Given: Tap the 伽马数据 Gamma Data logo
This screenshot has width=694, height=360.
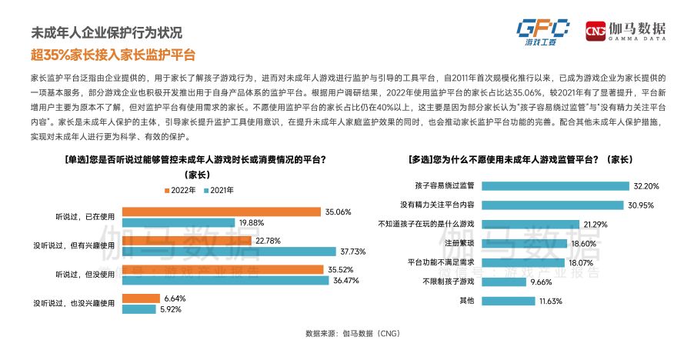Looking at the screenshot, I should (x=626, y=31).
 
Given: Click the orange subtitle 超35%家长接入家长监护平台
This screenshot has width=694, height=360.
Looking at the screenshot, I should (x=113, y=55).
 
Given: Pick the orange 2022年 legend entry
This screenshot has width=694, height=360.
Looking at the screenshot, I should (x=179, y=189).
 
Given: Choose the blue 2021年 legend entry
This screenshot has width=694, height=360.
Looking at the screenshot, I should (x=219, y=189).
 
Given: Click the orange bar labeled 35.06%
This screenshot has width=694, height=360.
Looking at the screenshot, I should (x=222, y=212).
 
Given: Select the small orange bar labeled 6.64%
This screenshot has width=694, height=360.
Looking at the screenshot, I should (x=139, y=298).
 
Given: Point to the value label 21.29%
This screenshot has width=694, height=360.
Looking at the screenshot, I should (x=597, y=225).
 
